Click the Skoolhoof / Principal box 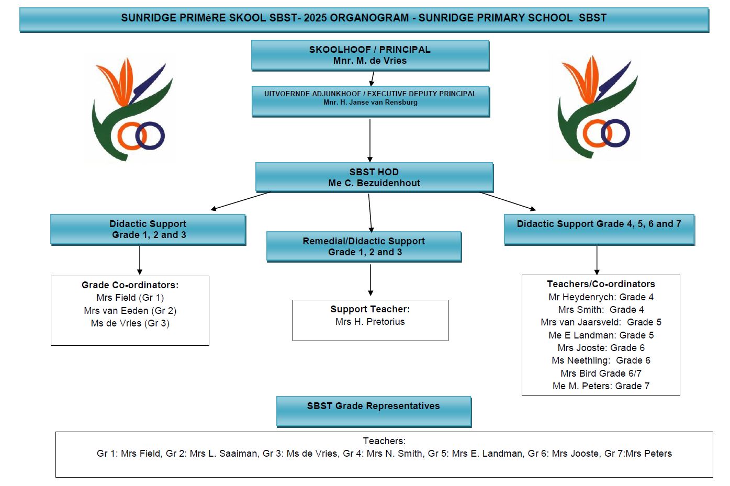click(x=370, y=55)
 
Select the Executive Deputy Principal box click(x=370, y=101)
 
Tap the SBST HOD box click(x=374, y=177)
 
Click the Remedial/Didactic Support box click(x=364, y=246)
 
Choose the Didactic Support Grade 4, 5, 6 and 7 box click(x=599, y=229)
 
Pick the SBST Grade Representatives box click(x=374, y=411)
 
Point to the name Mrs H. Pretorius click(x=370, y=322)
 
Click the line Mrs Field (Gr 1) click(x=130, y=298)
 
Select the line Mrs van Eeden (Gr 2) click(x=130, y=311)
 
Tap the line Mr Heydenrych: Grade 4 click(x=601, y=297)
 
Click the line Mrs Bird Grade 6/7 click(x=601, y=374)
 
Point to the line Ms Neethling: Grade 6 click(x=601, y=360)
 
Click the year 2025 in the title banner click(x=315, y=18)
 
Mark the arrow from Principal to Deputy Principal click(x=372, y=78)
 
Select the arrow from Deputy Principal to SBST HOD click(x=370, y=140)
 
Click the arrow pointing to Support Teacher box click(x=370, y=280)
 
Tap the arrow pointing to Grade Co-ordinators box click(x=140, y=260)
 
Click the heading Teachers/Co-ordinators click(x=601, y=284)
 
